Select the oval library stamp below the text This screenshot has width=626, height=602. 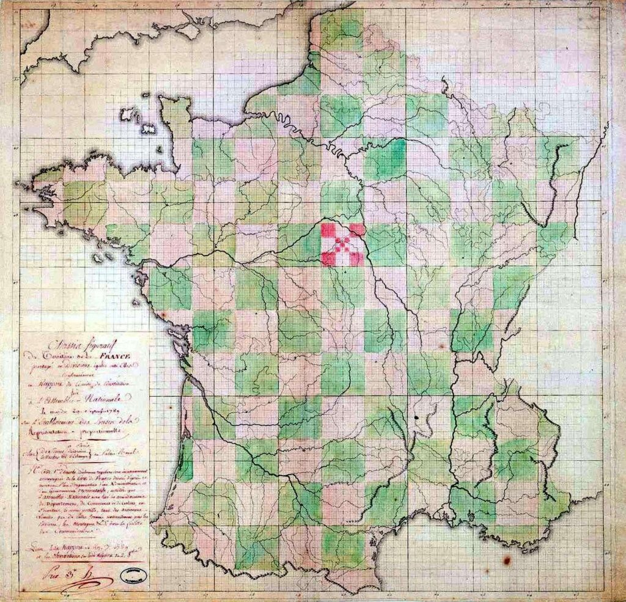click(134, 574)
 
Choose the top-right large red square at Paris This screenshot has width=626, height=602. click(357, 230)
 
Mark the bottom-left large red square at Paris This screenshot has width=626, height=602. click(329, 259)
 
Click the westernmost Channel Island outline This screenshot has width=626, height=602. click(127, 114)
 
